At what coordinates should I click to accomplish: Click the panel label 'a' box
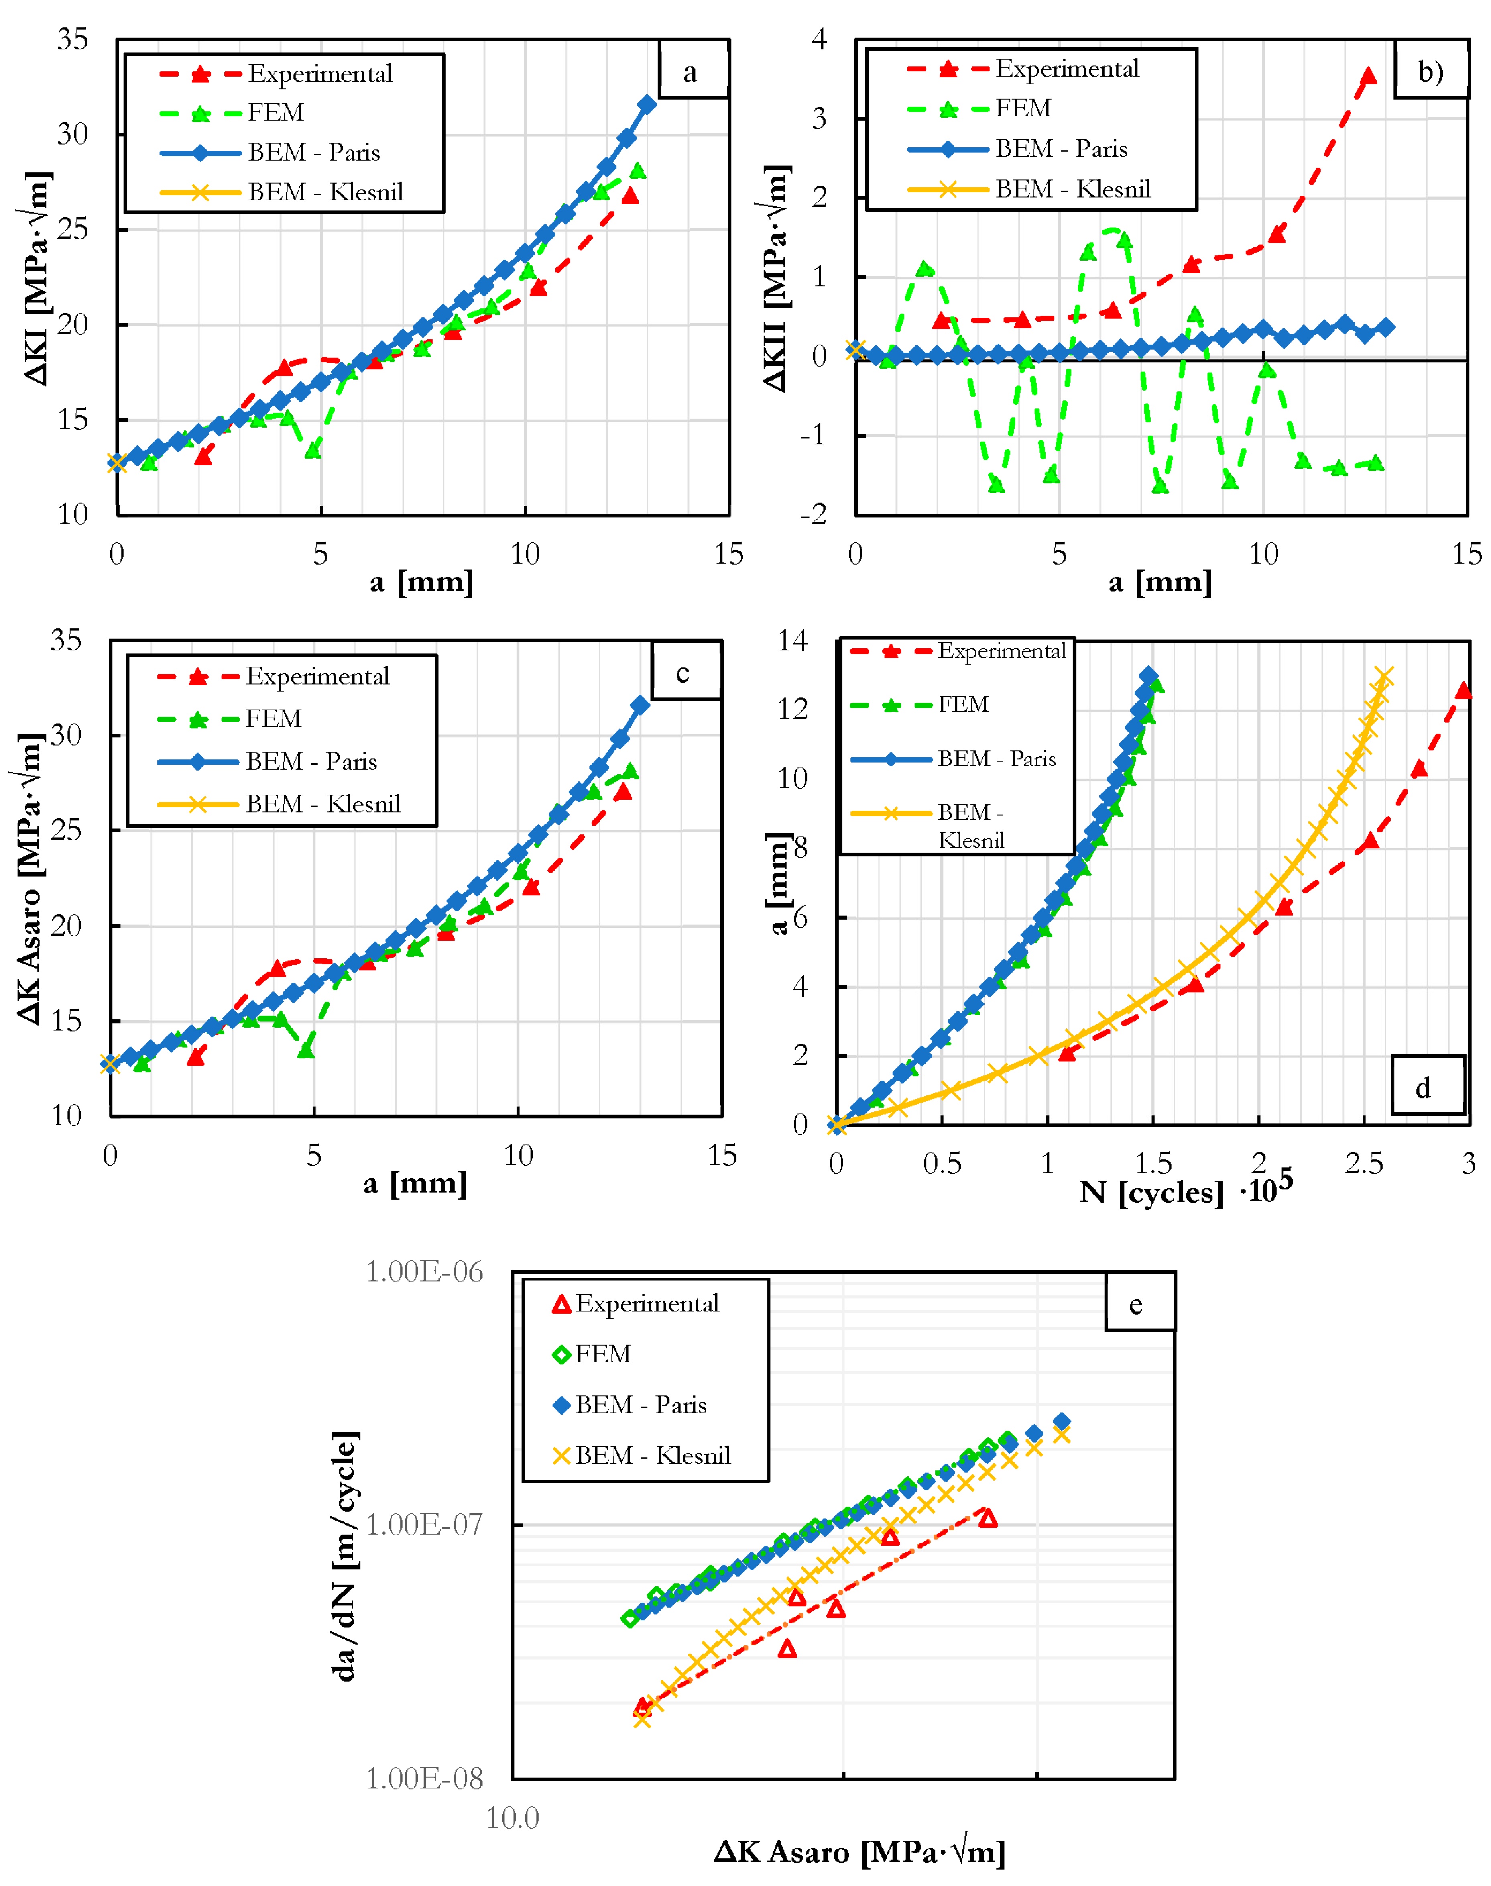click(692, 70)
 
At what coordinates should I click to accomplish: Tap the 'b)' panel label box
click(1430, 70)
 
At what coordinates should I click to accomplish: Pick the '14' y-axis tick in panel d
click(793, 641)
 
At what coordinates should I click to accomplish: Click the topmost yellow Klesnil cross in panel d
click(1383, 677)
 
